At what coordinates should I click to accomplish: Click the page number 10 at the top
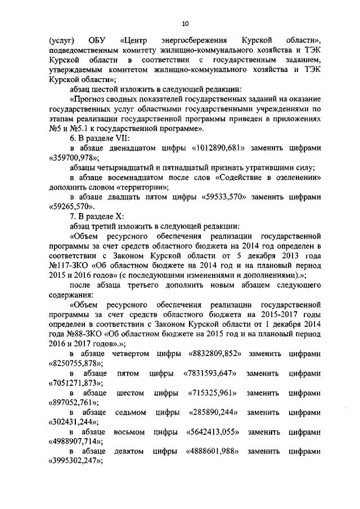pyautogui.click(x=185, y=23)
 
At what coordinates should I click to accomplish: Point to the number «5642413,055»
pyautogui.click(x=211, y=433)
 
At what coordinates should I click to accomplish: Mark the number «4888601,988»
pyautogui.click(x=210, y=452)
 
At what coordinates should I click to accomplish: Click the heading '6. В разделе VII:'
pyautogui.click(x=100, y=138)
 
